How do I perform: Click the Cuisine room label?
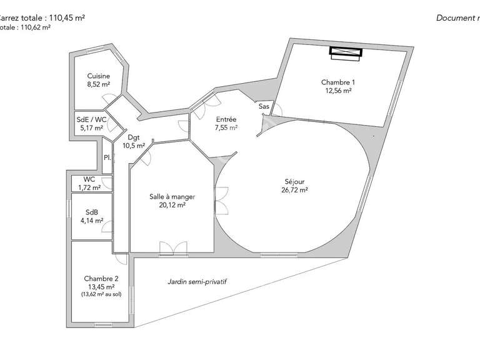click(98, 76)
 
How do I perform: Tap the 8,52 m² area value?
click(98, 84)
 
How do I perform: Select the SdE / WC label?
click(91, 119)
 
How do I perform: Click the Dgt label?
click(133, 137)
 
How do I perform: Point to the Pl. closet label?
click(107, 157)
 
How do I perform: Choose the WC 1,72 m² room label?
click(89, 179)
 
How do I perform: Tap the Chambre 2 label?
click(101, 279)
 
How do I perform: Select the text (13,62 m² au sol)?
click(101, 294)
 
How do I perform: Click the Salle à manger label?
click(172, 196)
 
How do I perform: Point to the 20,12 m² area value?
click(172, 204)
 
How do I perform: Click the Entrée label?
click(226, 119)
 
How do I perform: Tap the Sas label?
click(264, 107)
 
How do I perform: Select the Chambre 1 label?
click(337, 82)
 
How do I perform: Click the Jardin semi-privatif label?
click(197, 282)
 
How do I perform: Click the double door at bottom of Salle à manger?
click(172, 249)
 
